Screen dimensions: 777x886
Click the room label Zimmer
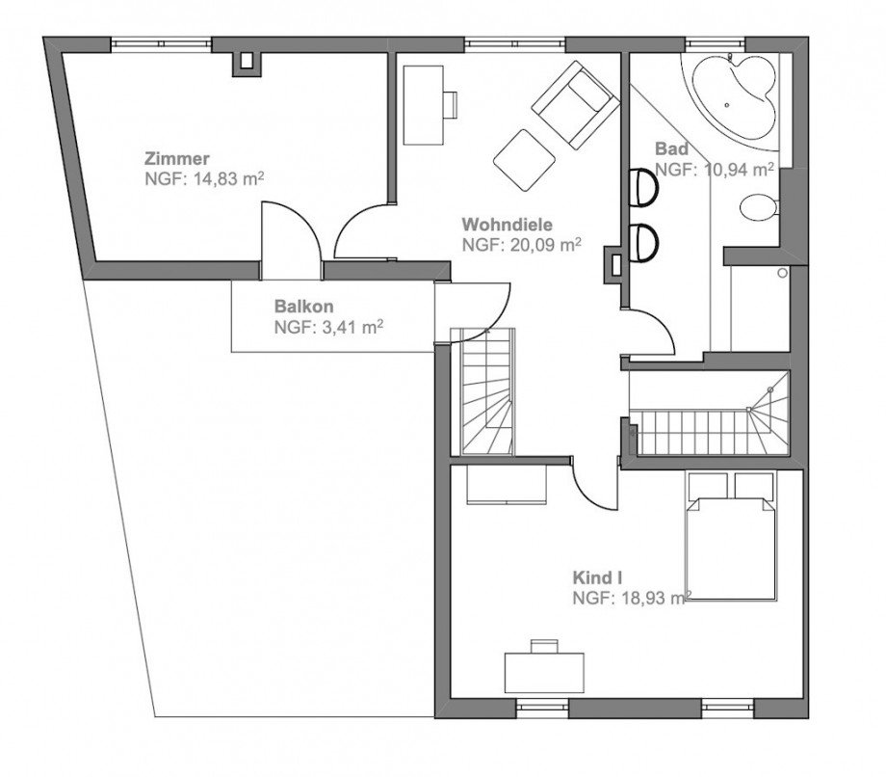(177, 158)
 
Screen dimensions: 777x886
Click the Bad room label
(671, 149)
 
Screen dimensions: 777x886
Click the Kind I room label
(597, 577)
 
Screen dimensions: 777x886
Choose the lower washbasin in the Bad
(644, 242)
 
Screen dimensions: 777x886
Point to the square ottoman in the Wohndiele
(523, 158)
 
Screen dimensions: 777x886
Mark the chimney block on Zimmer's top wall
(248, 62)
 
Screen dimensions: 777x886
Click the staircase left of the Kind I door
(487, 390)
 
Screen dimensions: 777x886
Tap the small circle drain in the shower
(783, 274)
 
